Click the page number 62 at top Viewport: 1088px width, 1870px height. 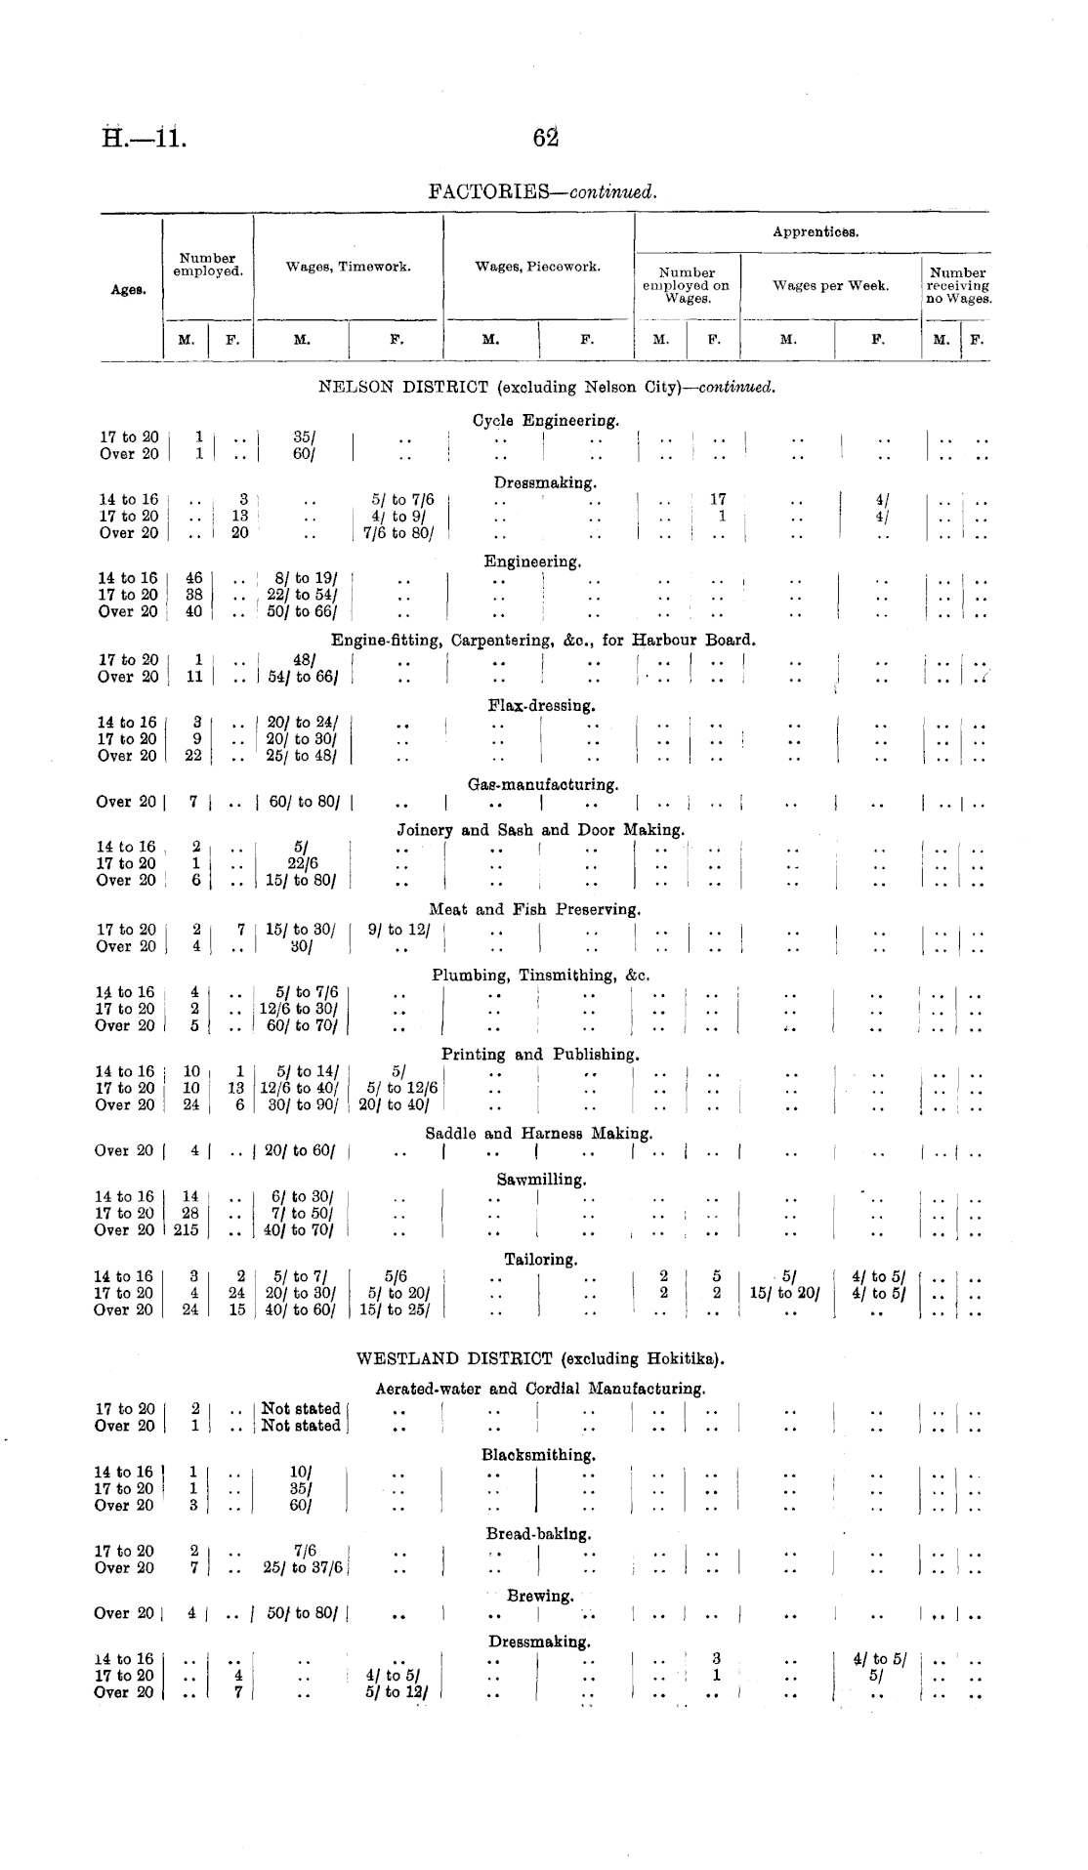pos(544,138)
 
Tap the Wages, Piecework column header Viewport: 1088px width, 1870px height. pos(537,267)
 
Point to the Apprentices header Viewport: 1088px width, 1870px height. pos(815,232)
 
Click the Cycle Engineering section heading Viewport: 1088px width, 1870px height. pos(545,421)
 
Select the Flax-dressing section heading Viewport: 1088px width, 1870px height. pos(541,705)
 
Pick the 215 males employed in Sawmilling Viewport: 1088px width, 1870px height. pos(186,1230)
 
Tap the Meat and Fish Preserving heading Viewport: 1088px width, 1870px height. pos(534,909)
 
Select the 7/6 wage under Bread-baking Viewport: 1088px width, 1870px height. pos(304,1551)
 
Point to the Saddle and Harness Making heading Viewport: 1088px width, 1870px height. pos(538,1134)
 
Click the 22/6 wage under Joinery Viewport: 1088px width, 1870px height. pos(302,863)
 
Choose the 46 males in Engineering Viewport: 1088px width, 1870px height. pos(193,578)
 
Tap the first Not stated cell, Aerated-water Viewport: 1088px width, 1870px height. pos(302,1409)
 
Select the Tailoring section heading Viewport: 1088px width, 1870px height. pos(540,1259)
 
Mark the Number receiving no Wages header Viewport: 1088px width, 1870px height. pos(957,286)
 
